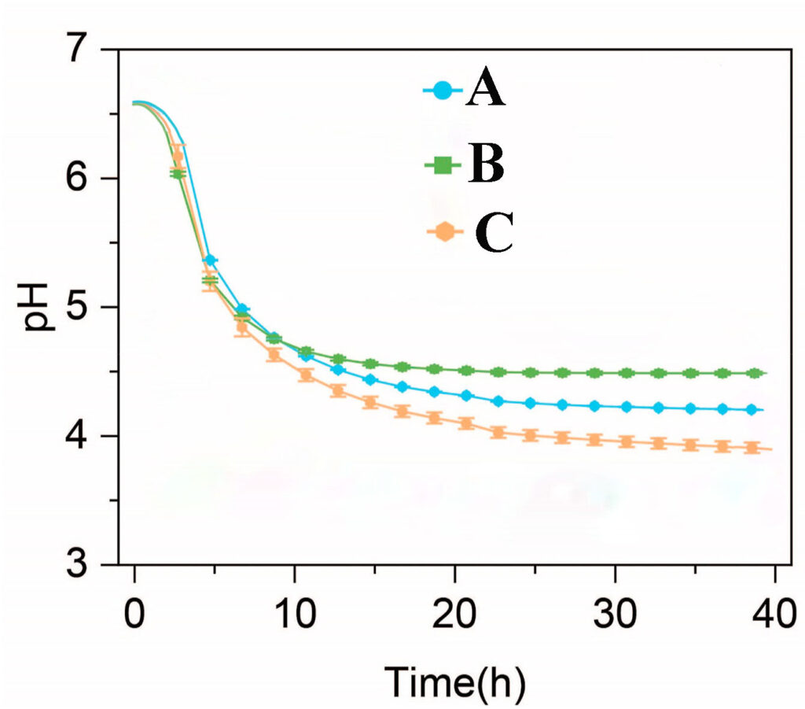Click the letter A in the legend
485,91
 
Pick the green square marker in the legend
445,164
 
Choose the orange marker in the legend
446,233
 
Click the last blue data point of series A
752,409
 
